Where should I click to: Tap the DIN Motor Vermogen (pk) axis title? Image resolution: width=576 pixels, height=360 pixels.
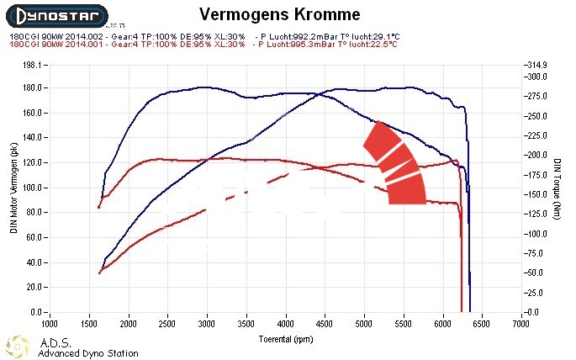click(x=13, y=188)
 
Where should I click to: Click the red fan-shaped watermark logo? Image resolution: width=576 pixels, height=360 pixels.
click(x=395, y=164)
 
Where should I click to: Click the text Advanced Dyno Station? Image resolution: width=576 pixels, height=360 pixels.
click(x=88, y=353)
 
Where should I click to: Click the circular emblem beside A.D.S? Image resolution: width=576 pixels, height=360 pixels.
click(x=19, y=347)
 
